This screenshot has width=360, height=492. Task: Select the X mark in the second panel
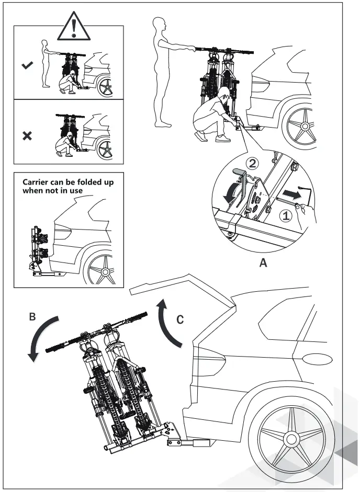27,135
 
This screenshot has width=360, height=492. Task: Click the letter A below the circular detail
264,264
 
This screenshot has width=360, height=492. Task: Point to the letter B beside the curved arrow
32,316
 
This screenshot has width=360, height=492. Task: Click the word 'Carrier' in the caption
38,182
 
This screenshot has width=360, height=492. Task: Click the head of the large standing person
160,24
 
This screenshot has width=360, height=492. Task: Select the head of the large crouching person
224,94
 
